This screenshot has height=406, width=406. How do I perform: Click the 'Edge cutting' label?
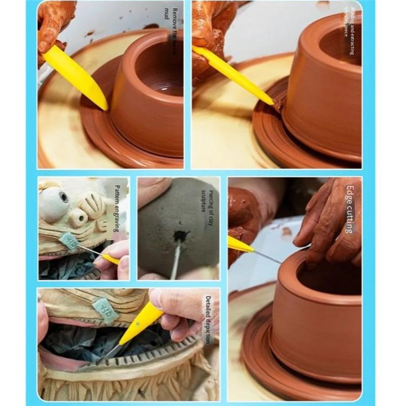[349, 209]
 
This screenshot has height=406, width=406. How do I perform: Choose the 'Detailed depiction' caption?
[208, 320]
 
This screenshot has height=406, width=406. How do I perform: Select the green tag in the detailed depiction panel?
[106, 311]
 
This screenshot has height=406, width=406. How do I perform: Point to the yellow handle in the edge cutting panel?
[240, 245]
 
